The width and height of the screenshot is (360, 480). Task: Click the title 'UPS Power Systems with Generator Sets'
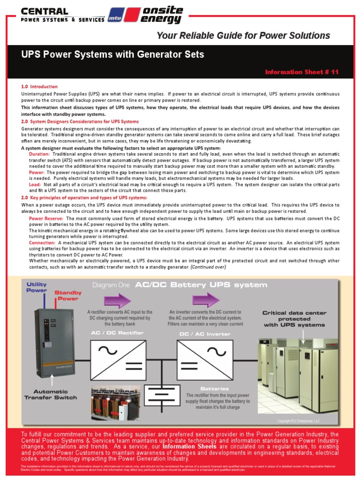click(x=113, y=54)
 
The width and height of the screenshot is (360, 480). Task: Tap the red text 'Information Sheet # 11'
click(x=301, y=72)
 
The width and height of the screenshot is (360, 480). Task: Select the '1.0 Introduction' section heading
click(x=39, y=87)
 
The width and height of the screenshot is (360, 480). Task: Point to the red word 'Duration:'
click(x=39, y=154)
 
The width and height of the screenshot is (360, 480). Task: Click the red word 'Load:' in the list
click(x=35, y=185)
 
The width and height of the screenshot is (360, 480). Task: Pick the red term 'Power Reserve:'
click(x=46, y=218)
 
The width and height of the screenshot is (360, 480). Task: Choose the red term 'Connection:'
click(x=43, y=243)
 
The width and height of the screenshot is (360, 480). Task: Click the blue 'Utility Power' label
click(x=37, y=287)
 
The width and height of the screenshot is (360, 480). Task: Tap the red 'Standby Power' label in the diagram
click(x=68, y=295)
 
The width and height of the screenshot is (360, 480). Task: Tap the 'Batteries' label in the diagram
click(x=214, y=389)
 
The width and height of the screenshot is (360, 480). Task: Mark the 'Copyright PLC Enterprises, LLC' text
click(x=298, y=421)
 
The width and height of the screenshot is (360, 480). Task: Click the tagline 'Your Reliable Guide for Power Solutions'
click(x=243, y=36)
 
